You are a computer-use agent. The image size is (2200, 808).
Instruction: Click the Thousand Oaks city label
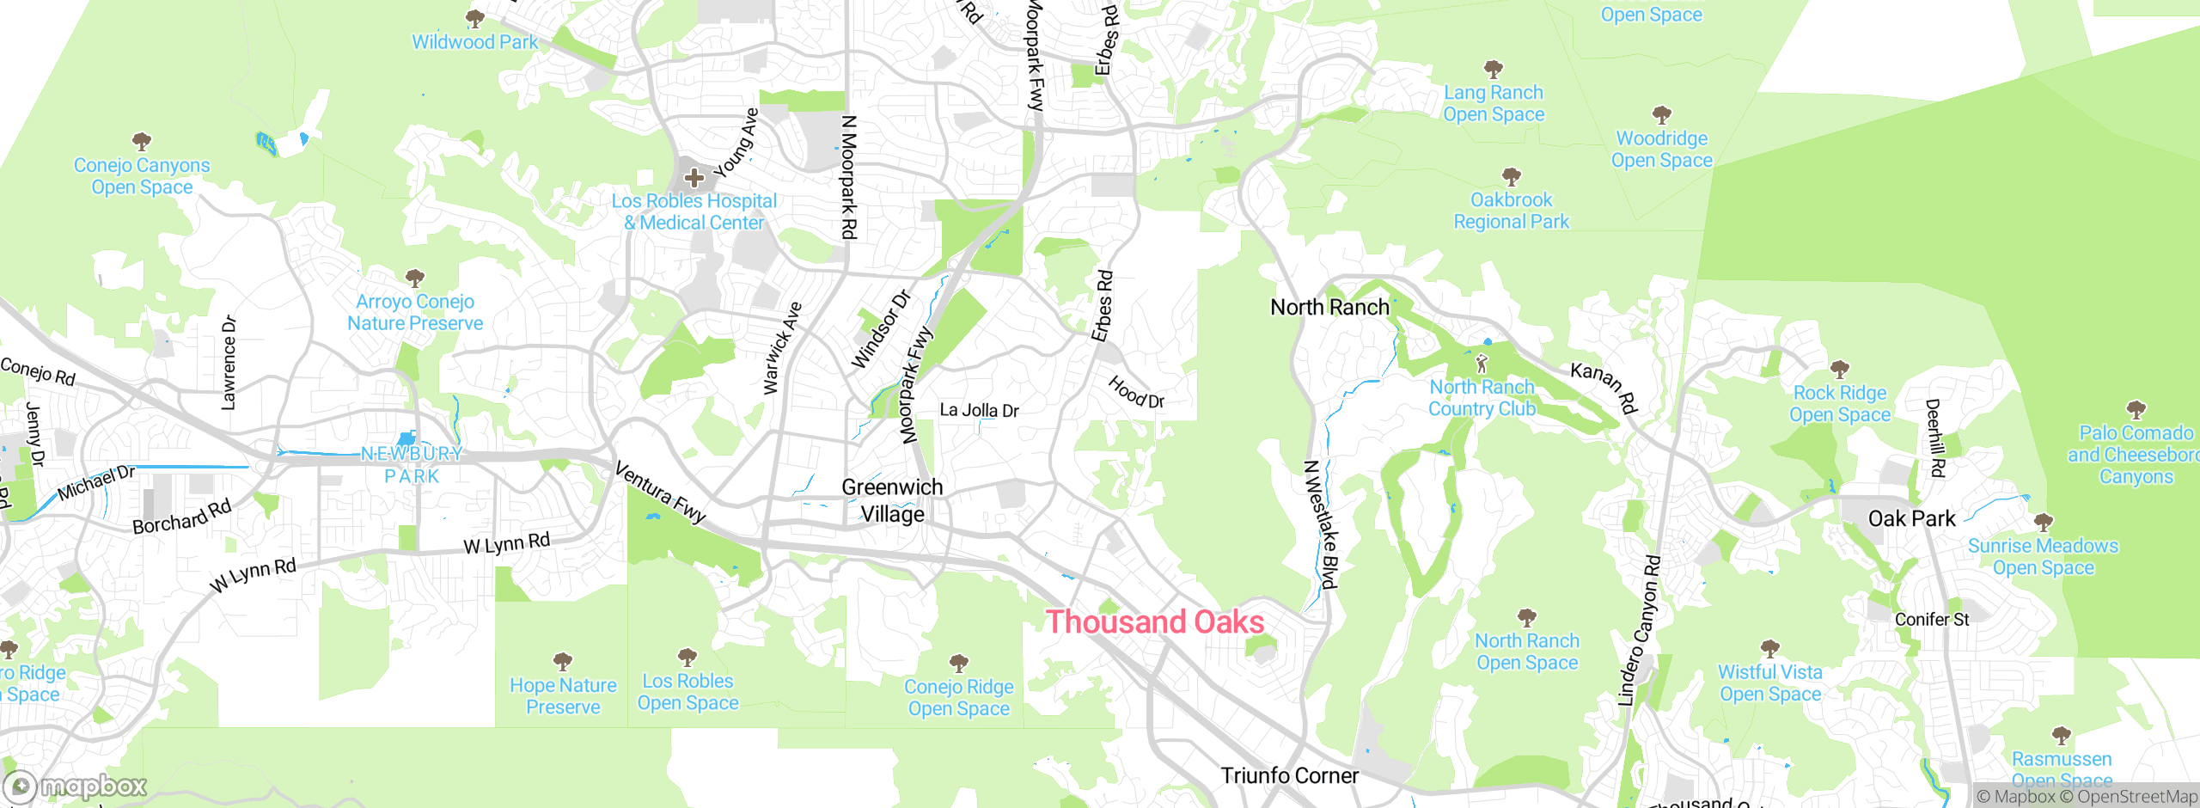1154,621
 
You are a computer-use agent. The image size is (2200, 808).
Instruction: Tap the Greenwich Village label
892,500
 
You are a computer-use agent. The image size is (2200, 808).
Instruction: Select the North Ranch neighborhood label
1329,307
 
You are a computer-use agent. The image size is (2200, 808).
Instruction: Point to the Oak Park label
1911,518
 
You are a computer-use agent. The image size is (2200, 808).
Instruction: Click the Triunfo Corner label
1289,775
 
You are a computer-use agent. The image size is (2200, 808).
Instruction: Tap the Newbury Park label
412,464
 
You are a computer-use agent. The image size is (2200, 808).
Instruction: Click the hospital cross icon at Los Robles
694,178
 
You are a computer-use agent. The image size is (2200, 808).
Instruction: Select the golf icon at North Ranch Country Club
1482,363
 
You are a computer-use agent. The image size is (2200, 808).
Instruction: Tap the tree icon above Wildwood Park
474,18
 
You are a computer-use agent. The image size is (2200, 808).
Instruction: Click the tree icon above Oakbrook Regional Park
1511,177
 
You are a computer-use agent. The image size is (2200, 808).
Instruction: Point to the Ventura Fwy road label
660,492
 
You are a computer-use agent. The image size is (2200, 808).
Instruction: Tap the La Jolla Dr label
979,410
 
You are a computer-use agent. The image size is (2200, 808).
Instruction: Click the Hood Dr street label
1135,392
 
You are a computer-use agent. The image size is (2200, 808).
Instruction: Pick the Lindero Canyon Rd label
1639,632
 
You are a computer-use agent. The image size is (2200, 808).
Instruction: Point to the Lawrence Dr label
229,362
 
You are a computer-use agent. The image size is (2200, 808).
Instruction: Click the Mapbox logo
76,786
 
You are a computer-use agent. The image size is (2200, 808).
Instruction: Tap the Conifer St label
1931,619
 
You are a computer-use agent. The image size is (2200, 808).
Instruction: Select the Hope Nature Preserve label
563,696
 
